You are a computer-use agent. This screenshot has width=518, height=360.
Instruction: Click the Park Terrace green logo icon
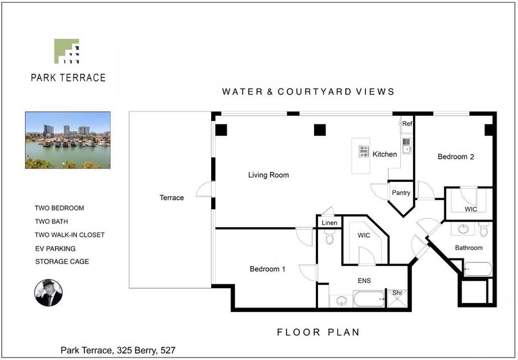[67, 51]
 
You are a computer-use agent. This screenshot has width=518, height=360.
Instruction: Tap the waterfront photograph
[68, 140]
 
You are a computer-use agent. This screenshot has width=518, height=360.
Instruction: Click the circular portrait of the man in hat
[49, 293]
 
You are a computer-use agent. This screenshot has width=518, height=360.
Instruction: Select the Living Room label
[269, 175]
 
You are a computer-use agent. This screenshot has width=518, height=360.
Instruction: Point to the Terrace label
[172, 197]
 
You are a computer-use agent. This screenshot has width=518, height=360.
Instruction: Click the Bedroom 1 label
[267, 269]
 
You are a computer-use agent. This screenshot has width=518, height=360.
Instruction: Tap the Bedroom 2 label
[456, 157]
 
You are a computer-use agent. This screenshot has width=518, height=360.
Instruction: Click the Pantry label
[401, 192]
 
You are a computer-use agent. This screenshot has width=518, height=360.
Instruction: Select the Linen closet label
[330, 223]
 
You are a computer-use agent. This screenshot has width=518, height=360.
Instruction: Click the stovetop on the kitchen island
[363, 152]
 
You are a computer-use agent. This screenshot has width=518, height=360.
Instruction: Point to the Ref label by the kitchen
[407, 124]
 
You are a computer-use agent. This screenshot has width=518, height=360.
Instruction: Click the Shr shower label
[397, 293]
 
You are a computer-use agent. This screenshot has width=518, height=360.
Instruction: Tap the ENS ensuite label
[364, 281]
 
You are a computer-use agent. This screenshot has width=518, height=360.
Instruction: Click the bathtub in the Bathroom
[478, 269]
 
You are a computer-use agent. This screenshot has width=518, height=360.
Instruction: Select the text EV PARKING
[56, 249]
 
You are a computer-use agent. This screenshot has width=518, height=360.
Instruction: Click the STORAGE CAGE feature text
[62, 262]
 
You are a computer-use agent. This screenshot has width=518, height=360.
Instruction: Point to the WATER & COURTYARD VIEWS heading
[308, 91]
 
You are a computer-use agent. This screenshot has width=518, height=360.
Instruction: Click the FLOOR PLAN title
[318, 332]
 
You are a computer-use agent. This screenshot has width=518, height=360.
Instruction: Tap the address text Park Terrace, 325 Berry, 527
[118, 350]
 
